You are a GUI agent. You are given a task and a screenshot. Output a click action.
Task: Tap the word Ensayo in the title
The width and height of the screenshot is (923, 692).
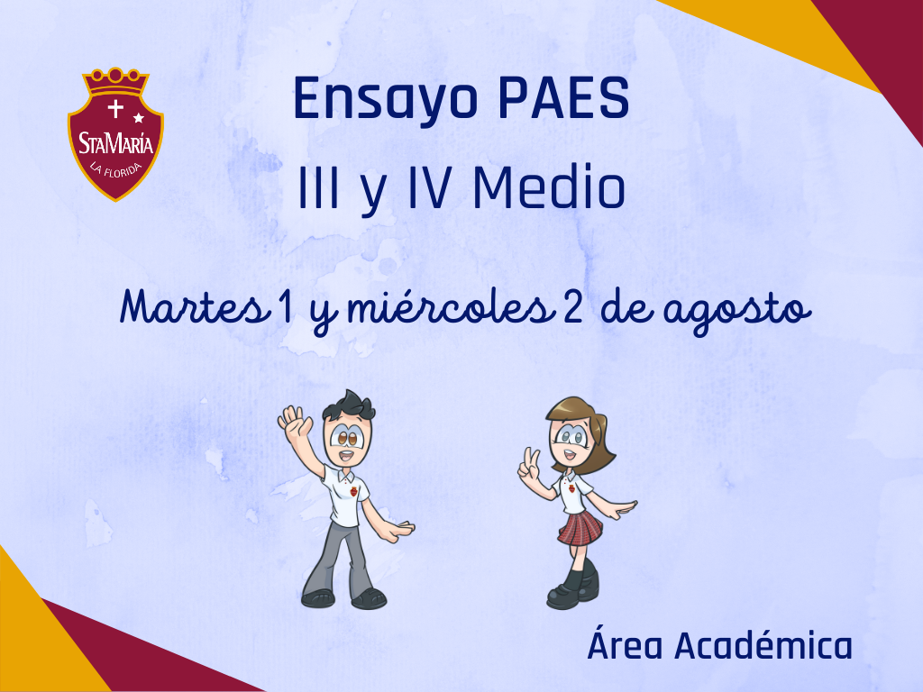click(x=386, y=101)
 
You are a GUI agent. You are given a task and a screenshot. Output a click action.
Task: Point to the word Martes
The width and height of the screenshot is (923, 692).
click(x=192, y=307)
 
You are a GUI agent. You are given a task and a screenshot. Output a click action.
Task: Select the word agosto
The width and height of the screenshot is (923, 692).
click(x=737, y=312)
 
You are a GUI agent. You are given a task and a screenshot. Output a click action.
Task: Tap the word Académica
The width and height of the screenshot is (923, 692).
click(x=763, y=645)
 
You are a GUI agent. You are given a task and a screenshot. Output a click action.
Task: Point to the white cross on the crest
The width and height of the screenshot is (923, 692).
click(x=115, y=109)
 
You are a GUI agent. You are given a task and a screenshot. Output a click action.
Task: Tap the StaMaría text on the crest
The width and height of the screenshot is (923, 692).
click(x=115, y=143)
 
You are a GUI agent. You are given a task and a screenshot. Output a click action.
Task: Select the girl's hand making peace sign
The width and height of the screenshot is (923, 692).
click(x=528, y=465)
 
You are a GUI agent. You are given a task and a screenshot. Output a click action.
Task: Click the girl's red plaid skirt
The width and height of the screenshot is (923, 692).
click(x=580, y=527)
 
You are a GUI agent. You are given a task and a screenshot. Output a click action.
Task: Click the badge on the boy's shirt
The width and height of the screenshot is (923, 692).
click(x=352, y=490)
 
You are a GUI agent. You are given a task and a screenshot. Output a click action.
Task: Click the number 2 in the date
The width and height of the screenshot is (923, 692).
click(x=572, y=308)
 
